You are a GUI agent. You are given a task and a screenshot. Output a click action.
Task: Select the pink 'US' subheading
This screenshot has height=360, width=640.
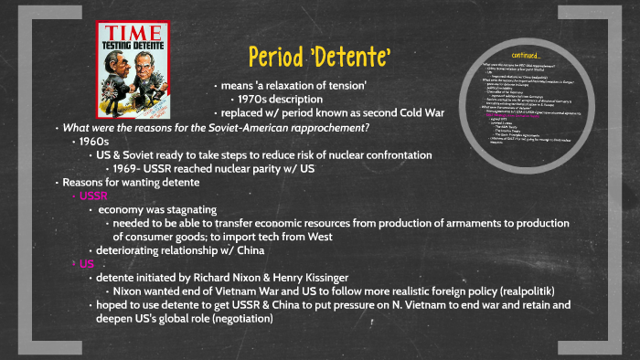(87, 263)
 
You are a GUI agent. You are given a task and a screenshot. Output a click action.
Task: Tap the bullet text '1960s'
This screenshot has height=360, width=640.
(94, 142)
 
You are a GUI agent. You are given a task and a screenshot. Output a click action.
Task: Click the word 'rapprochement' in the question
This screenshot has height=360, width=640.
(324, 127)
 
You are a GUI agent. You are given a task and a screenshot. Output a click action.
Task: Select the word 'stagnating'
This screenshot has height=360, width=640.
(187, 209)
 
